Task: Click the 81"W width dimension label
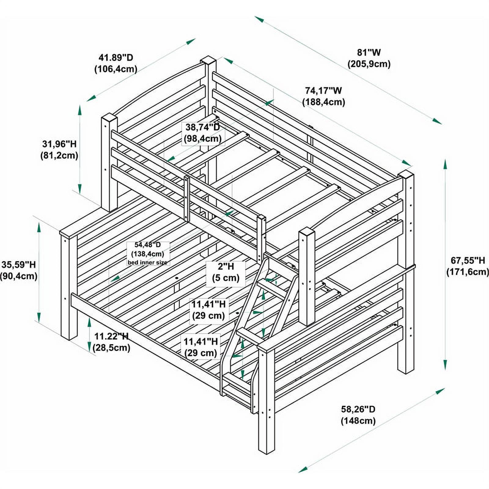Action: [x=369, y=53]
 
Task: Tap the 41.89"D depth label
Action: [x=116, y=57]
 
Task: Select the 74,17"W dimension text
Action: [x=323, y=90]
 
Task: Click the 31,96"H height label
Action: [x=59, y=144]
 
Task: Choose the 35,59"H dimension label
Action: [x=19, y=264]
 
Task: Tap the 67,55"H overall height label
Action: [x=468, y=260]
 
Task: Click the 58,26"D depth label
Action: [x=358, y=409]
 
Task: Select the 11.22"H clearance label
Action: [x=111, y=336]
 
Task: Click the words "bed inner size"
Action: [x=148, y=263]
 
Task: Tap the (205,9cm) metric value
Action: [x=369, y=64]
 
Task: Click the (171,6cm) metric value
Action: [x=468, y=272]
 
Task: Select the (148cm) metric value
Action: [x=358, y=421]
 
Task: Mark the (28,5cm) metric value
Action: [x=111, y=348]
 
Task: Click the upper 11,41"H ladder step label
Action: [x=208, y=304]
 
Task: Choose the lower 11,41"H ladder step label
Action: [x=201, y=341]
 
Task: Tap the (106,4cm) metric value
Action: [x=116, y=69]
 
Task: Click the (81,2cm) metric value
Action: [x=59, y=155]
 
